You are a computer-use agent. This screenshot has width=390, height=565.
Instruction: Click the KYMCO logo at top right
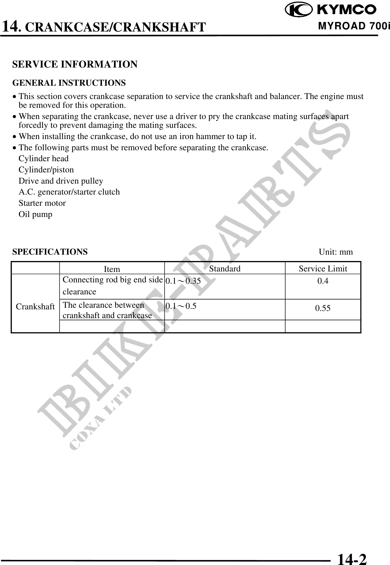click(x=331, y=10)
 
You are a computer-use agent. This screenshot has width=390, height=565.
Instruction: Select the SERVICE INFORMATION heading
click(x=75, y=64)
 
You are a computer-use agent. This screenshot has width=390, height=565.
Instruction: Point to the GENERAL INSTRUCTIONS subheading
click(x=69, y=83)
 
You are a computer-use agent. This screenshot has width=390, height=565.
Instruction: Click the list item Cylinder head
click(x=43, y=159)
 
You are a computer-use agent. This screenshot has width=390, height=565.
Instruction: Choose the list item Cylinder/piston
click(x=46, y=170)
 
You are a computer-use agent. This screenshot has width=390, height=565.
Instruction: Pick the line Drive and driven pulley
click(x=61, y=181)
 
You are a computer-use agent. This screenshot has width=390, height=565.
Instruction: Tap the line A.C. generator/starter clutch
click(x=69, y=192)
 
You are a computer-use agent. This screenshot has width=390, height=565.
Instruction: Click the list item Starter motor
click(x=42, y=203)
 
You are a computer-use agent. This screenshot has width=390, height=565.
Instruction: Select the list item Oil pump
click(x=35, y=214)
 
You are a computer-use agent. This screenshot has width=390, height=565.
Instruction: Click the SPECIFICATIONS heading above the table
click(x=50, y=252)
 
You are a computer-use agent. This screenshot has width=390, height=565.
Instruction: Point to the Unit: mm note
click(x=336, y=252)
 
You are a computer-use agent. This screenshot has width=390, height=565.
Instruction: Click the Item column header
click(x=112, y=269)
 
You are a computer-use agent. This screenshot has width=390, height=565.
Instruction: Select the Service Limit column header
click(x=323, y=268)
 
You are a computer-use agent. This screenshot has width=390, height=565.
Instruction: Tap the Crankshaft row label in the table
click(x=35, y=307)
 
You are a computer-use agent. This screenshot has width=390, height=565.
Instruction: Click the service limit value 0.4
click(x=323, y=281)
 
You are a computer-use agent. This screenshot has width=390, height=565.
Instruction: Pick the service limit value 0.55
click(x=323, y=308)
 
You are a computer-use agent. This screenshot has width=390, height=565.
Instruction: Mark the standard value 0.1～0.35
click(x=183, y=281)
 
